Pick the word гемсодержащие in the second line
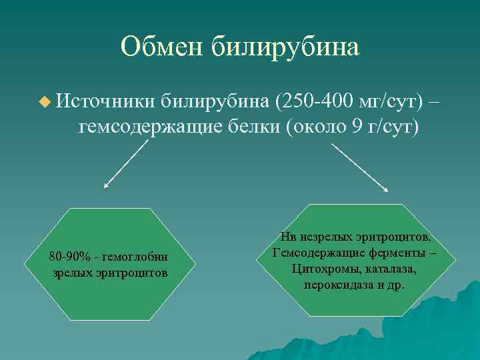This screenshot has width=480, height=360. click(x=145, y=127)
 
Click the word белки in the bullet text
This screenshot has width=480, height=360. click(x=247, y=127)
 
